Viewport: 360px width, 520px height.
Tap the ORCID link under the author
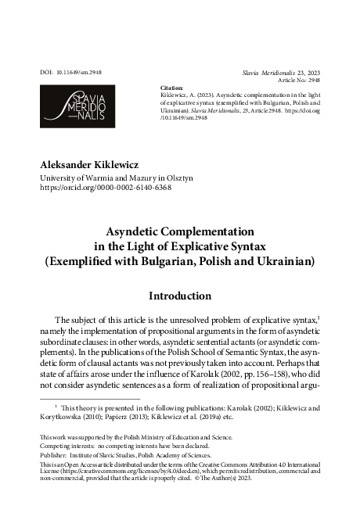pos(106,188)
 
